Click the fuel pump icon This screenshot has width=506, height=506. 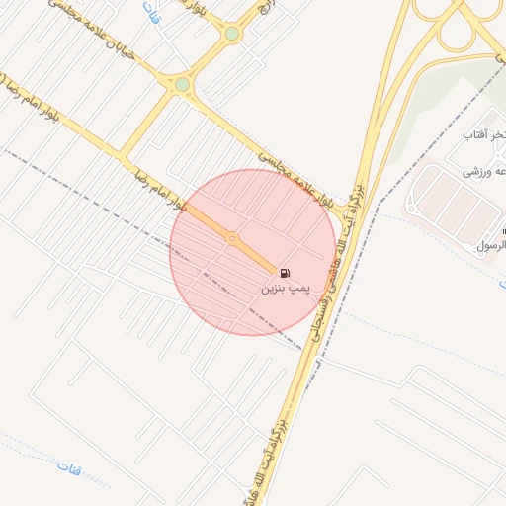click(285, 273)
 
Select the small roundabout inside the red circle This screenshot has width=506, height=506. click(232, 238)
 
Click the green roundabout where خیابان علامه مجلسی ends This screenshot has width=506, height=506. click(182, 85)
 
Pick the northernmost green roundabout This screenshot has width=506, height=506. click(231, 34)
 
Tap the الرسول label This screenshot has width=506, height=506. click(490, 244)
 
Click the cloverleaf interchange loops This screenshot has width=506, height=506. click(457, 22)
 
